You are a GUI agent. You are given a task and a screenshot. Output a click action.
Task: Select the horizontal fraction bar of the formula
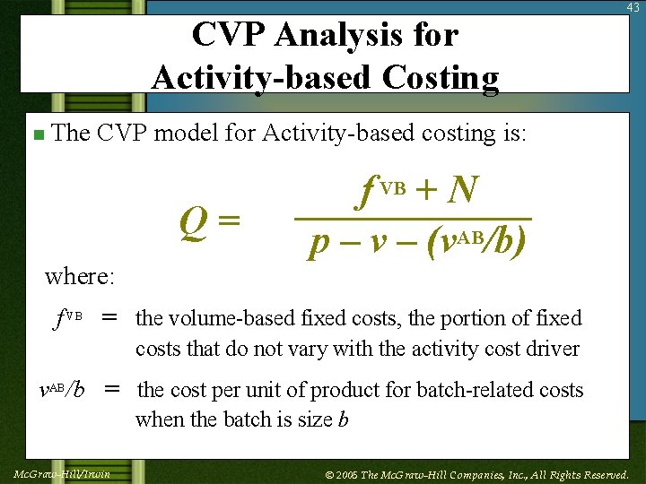point(414,218)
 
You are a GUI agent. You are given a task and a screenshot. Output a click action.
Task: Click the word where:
point(80,276)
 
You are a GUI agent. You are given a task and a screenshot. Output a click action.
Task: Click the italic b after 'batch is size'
point(343,420)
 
